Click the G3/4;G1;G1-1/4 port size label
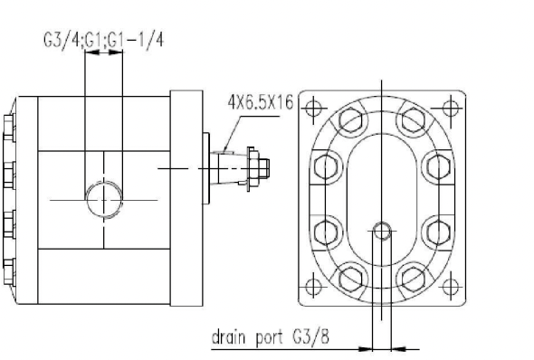point(103,40)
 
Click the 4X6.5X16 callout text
point(261,102)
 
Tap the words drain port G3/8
point(271,337)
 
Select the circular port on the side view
point(104,200)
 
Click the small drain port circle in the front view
point(382,231)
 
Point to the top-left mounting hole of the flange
point(313,109)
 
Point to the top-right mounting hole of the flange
point(452,109)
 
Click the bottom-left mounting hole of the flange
point(313,287)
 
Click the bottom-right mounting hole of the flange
point(452,287)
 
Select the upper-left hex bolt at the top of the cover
point(351,119)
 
